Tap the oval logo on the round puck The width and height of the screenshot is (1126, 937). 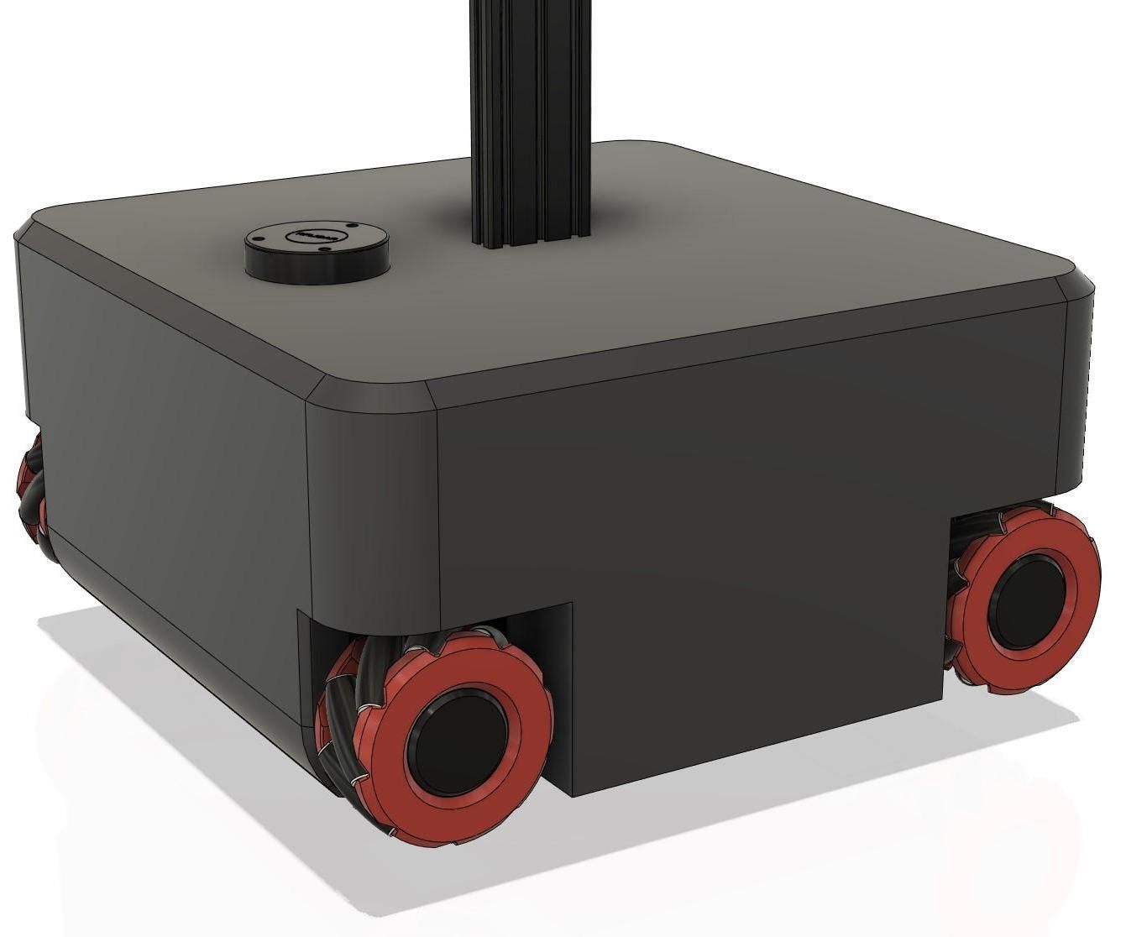(317, 236)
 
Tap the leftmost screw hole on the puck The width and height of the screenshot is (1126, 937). (261, 240)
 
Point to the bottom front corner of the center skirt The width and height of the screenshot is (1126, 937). (573, 793)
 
